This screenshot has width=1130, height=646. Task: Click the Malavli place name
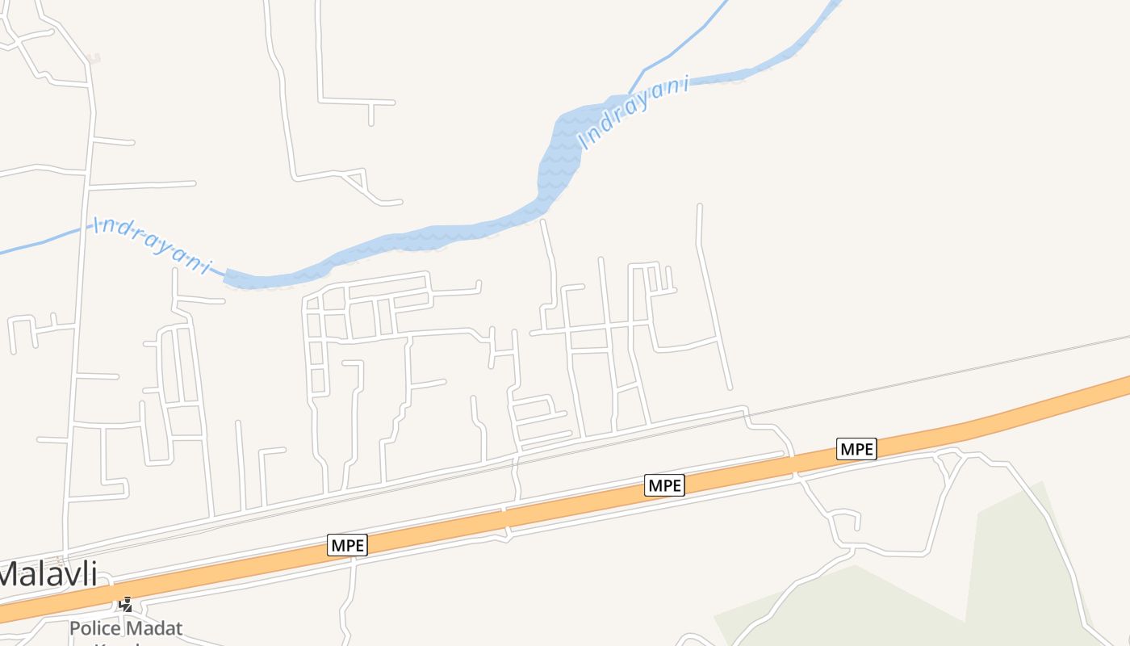click(x=48, y=574)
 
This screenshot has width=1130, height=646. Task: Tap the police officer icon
click(x=125, y=603)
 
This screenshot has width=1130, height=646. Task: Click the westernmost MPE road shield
click(x=348, y=545)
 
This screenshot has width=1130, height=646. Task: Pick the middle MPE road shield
click(x=664, y=485)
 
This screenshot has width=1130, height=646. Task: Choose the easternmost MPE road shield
click(x=856, y=449)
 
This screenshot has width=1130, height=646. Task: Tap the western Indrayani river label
click(x=153, y=244)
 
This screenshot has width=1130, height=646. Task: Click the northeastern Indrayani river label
click(x=635, y=111)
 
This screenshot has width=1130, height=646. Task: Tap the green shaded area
click(x=1009, y=565)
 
